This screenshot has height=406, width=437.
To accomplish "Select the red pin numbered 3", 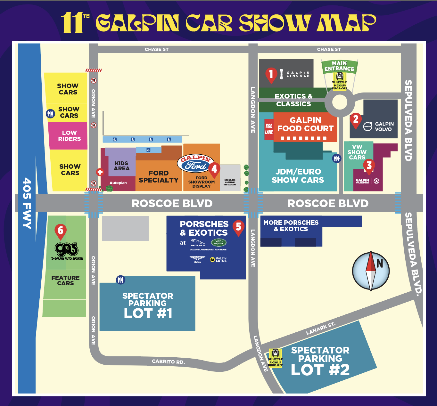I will [x=369, y=166].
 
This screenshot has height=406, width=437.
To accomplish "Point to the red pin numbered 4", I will [x=214, y=169].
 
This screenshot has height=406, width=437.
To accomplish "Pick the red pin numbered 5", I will [x=238, y=227].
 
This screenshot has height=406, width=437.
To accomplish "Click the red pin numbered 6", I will [x=61, y=231].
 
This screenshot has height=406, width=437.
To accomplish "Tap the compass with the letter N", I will [x=371, y=271].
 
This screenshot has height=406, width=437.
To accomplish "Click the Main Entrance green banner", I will [x=339, y=66].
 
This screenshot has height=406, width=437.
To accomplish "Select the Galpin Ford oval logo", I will [x=195, y=163].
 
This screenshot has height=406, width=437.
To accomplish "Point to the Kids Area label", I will [x=122, y=166].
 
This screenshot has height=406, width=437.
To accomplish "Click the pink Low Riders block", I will [x=68, y=136].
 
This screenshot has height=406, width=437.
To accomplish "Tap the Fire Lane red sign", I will [x=269, y=129].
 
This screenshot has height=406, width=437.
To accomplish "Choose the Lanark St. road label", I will [x=320, y=329].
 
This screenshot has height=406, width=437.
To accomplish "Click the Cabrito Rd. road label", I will [x=168, y=361].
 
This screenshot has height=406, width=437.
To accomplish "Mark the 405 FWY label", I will [x=27, y=203].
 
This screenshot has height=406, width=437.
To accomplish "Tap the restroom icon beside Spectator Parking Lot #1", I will [x=120, y=280].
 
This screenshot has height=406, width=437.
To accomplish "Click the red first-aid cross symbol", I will [x=100, y=172].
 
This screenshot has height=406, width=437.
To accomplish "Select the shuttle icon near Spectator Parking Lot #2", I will [x=275, y=353].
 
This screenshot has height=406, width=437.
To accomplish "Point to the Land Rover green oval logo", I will [x=219, y=242].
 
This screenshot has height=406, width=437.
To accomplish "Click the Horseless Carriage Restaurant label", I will [x=230, y=182].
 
